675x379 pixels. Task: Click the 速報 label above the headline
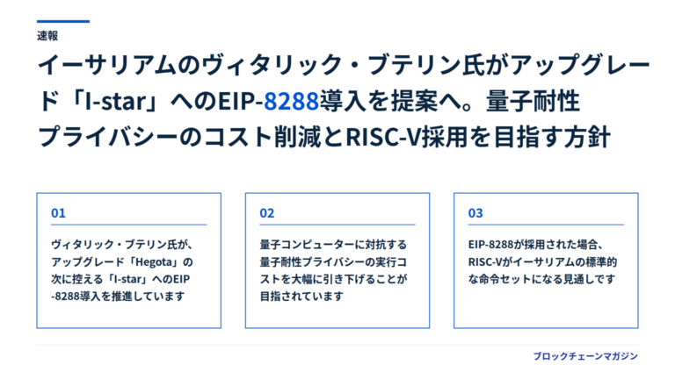47,36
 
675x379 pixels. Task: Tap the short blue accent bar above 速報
63,21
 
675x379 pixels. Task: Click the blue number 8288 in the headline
291,102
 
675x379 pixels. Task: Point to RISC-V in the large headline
382,138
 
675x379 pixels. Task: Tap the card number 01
58,213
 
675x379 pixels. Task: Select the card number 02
267,213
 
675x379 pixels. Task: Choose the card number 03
475,213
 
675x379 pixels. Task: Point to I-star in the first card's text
127,279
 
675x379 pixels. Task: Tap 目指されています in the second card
301,296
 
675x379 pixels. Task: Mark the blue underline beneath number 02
337,225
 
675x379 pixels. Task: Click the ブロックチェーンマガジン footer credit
585,356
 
